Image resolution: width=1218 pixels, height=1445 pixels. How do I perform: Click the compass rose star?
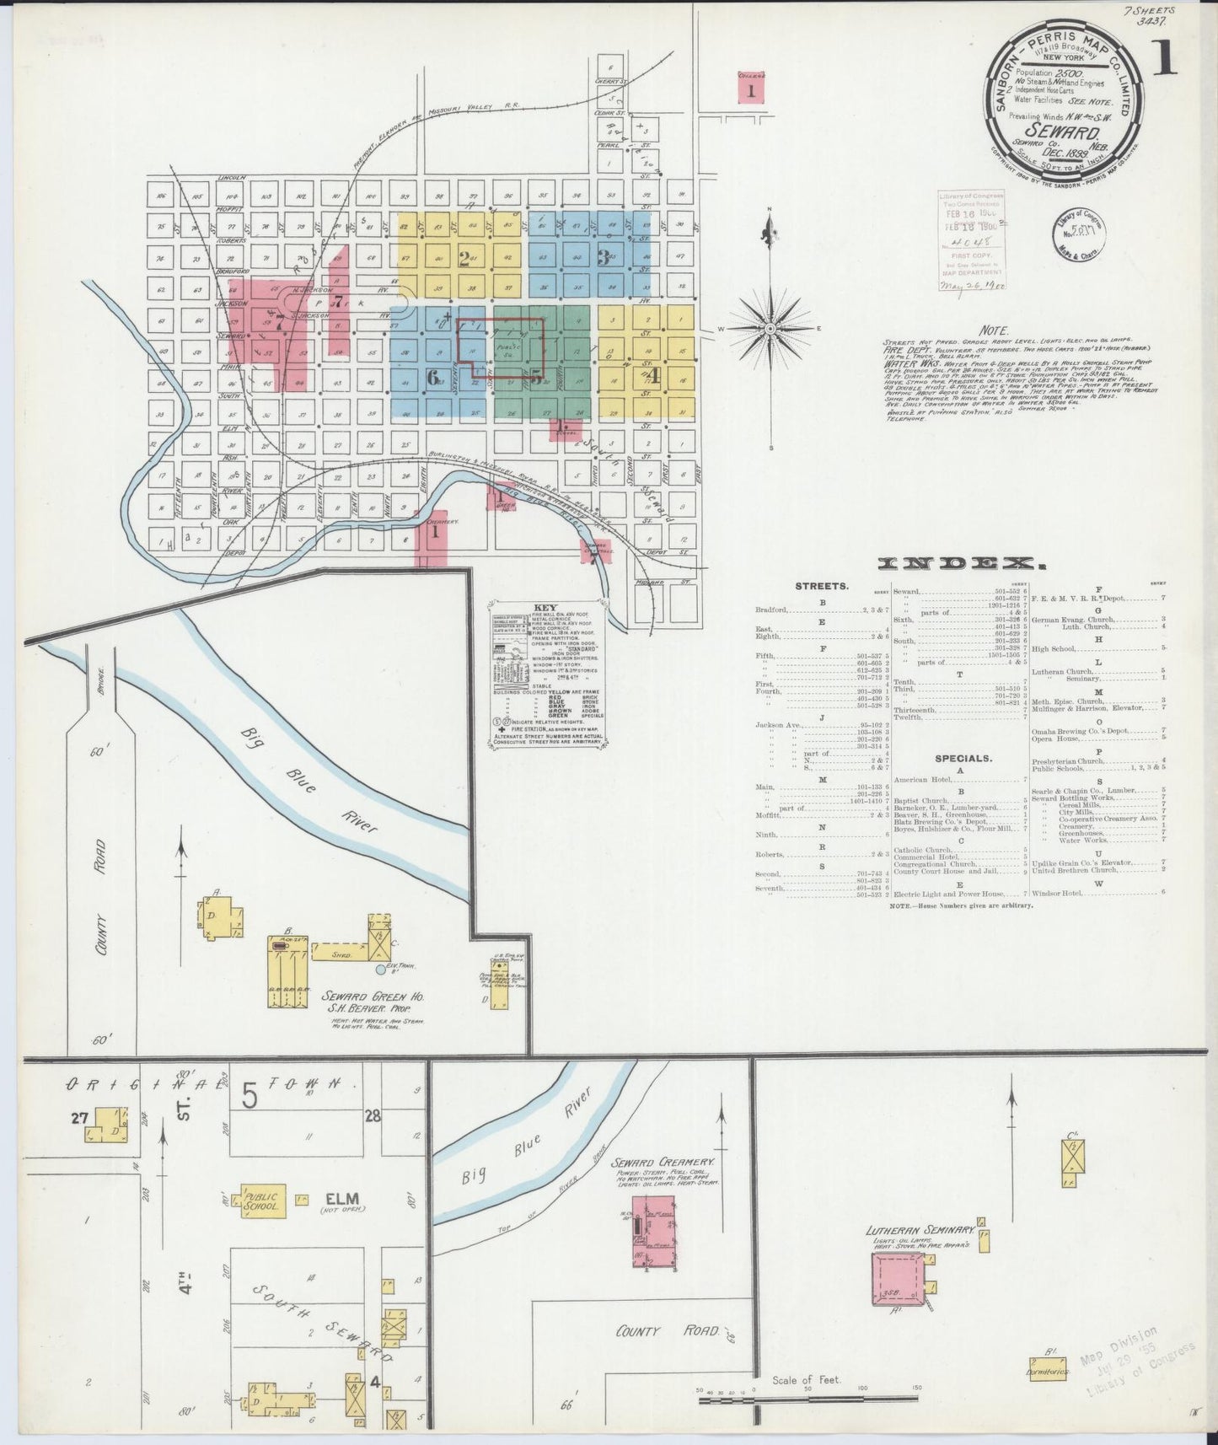click(769, 327)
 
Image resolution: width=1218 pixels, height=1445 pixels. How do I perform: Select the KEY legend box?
click(548, 674)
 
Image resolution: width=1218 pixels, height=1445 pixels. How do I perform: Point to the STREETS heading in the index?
click(821, 585)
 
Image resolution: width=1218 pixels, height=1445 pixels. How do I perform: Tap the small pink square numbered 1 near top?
click(750, 89)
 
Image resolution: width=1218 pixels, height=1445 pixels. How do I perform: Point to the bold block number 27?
click(80, 1118)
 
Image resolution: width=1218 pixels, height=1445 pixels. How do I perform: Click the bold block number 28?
click(372, 1115)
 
